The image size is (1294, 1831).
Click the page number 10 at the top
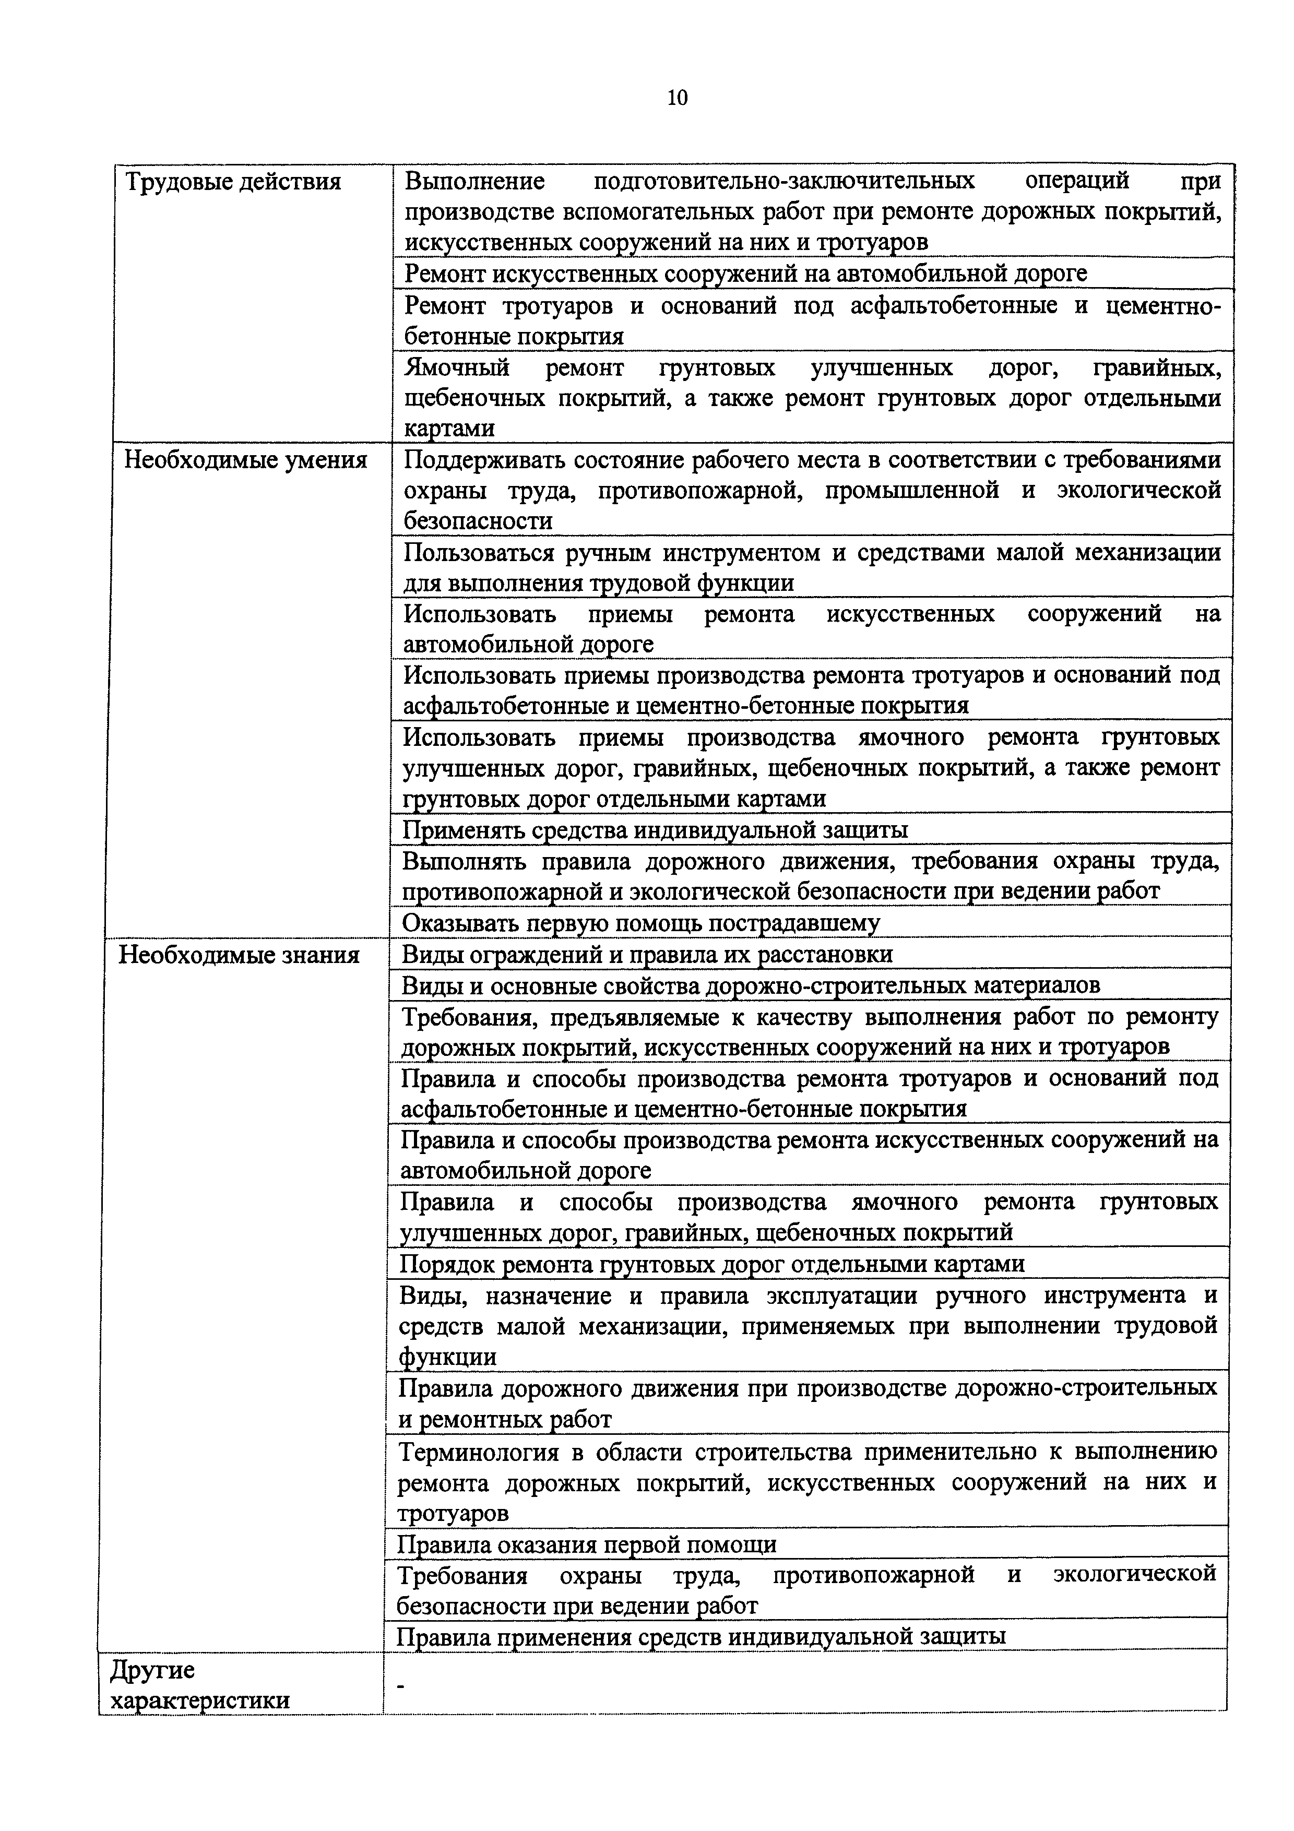[x=677, y=98]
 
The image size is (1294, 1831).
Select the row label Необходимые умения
[x=245, y=460]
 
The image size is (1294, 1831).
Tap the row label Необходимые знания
[x=239, y=955]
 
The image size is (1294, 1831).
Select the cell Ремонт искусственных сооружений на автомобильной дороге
[x=745, y=274]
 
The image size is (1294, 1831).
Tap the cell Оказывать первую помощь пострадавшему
[x=640, y=923]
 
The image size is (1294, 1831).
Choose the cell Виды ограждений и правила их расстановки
[x=647, y=955]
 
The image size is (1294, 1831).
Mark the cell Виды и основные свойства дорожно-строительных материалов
[x=750, y=985]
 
